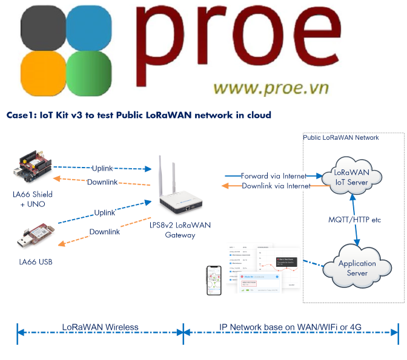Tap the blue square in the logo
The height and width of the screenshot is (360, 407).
(x=88, y=27)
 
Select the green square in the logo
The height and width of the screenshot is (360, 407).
(x=88, y=74)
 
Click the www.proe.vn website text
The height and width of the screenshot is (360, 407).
(x=271, y=88)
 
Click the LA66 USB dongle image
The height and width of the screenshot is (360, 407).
(x=34, y=239)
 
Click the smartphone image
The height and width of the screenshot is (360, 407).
(x=214, y=281)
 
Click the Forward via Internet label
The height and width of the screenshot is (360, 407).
(x=273, y=175)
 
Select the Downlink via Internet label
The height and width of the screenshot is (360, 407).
(x=276, y=186)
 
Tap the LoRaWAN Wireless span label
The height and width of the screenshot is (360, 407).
(x=101, y=327)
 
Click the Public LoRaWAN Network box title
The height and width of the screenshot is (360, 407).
(x=341, y=138)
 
